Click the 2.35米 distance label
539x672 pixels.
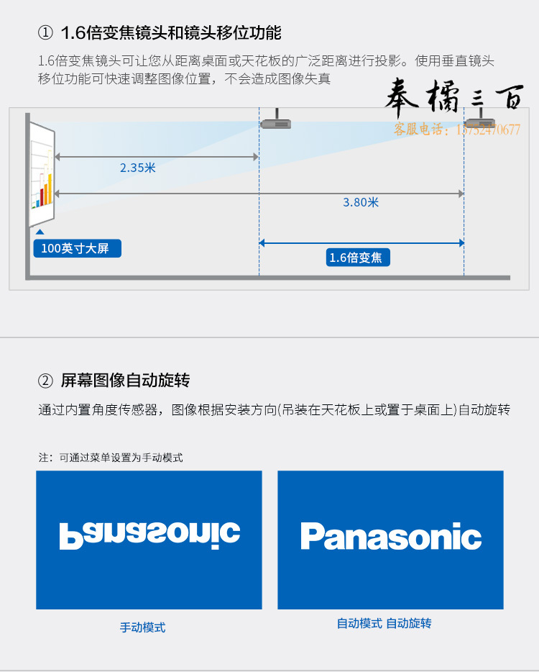pyautogui.click(x=137, y=168)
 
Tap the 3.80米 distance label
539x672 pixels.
pyautogui.click(x=361, y=202)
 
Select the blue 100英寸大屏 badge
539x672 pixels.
pyautogui.click(x=78, y=248)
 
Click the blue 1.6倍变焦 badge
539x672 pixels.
pyautogui.click(x=358, y=258)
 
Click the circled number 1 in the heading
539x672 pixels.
pyautogui.click(x=45, y=33)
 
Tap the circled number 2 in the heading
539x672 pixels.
pyautogui.click(x=45, y=381)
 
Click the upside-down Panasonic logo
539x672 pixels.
pyautogui.click(x=149, y=536)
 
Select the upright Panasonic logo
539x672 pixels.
pyautogui.click(x=391, y=536)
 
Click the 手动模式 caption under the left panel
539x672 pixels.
pyautogui.click(x=142, y=627)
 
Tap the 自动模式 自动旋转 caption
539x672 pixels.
pyautogui.click(x=384, y=623)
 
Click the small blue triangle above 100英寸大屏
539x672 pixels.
pyautogui.click(x=40, y=232)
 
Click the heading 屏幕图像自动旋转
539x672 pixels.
pyautogui.click(x=126, y=380)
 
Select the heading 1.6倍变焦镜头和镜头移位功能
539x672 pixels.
pyautogui.click(x=171, y=33)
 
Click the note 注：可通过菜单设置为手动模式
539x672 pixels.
pyautogui.click(x=111, y=458)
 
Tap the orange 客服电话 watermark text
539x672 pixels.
pyautogui.click(x=457, y=129)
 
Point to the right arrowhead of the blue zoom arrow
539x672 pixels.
pyautogui.click(x=461, y=243)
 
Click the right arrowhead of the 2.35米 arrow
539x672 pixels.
pyautogui.click(x=256, y=157)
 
